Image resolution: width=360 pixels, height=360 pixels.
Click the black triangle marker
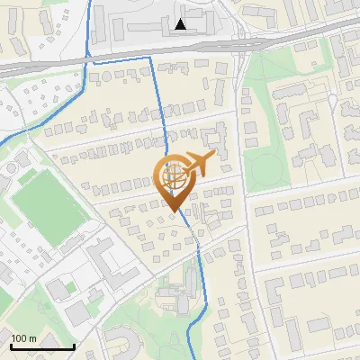[x=182, y=24]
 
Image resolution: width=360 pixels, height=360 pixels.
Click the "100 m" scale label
[x=23, y=338]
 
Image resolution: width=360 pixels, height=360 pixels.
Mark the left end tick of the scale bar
[x=11, y=346]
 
